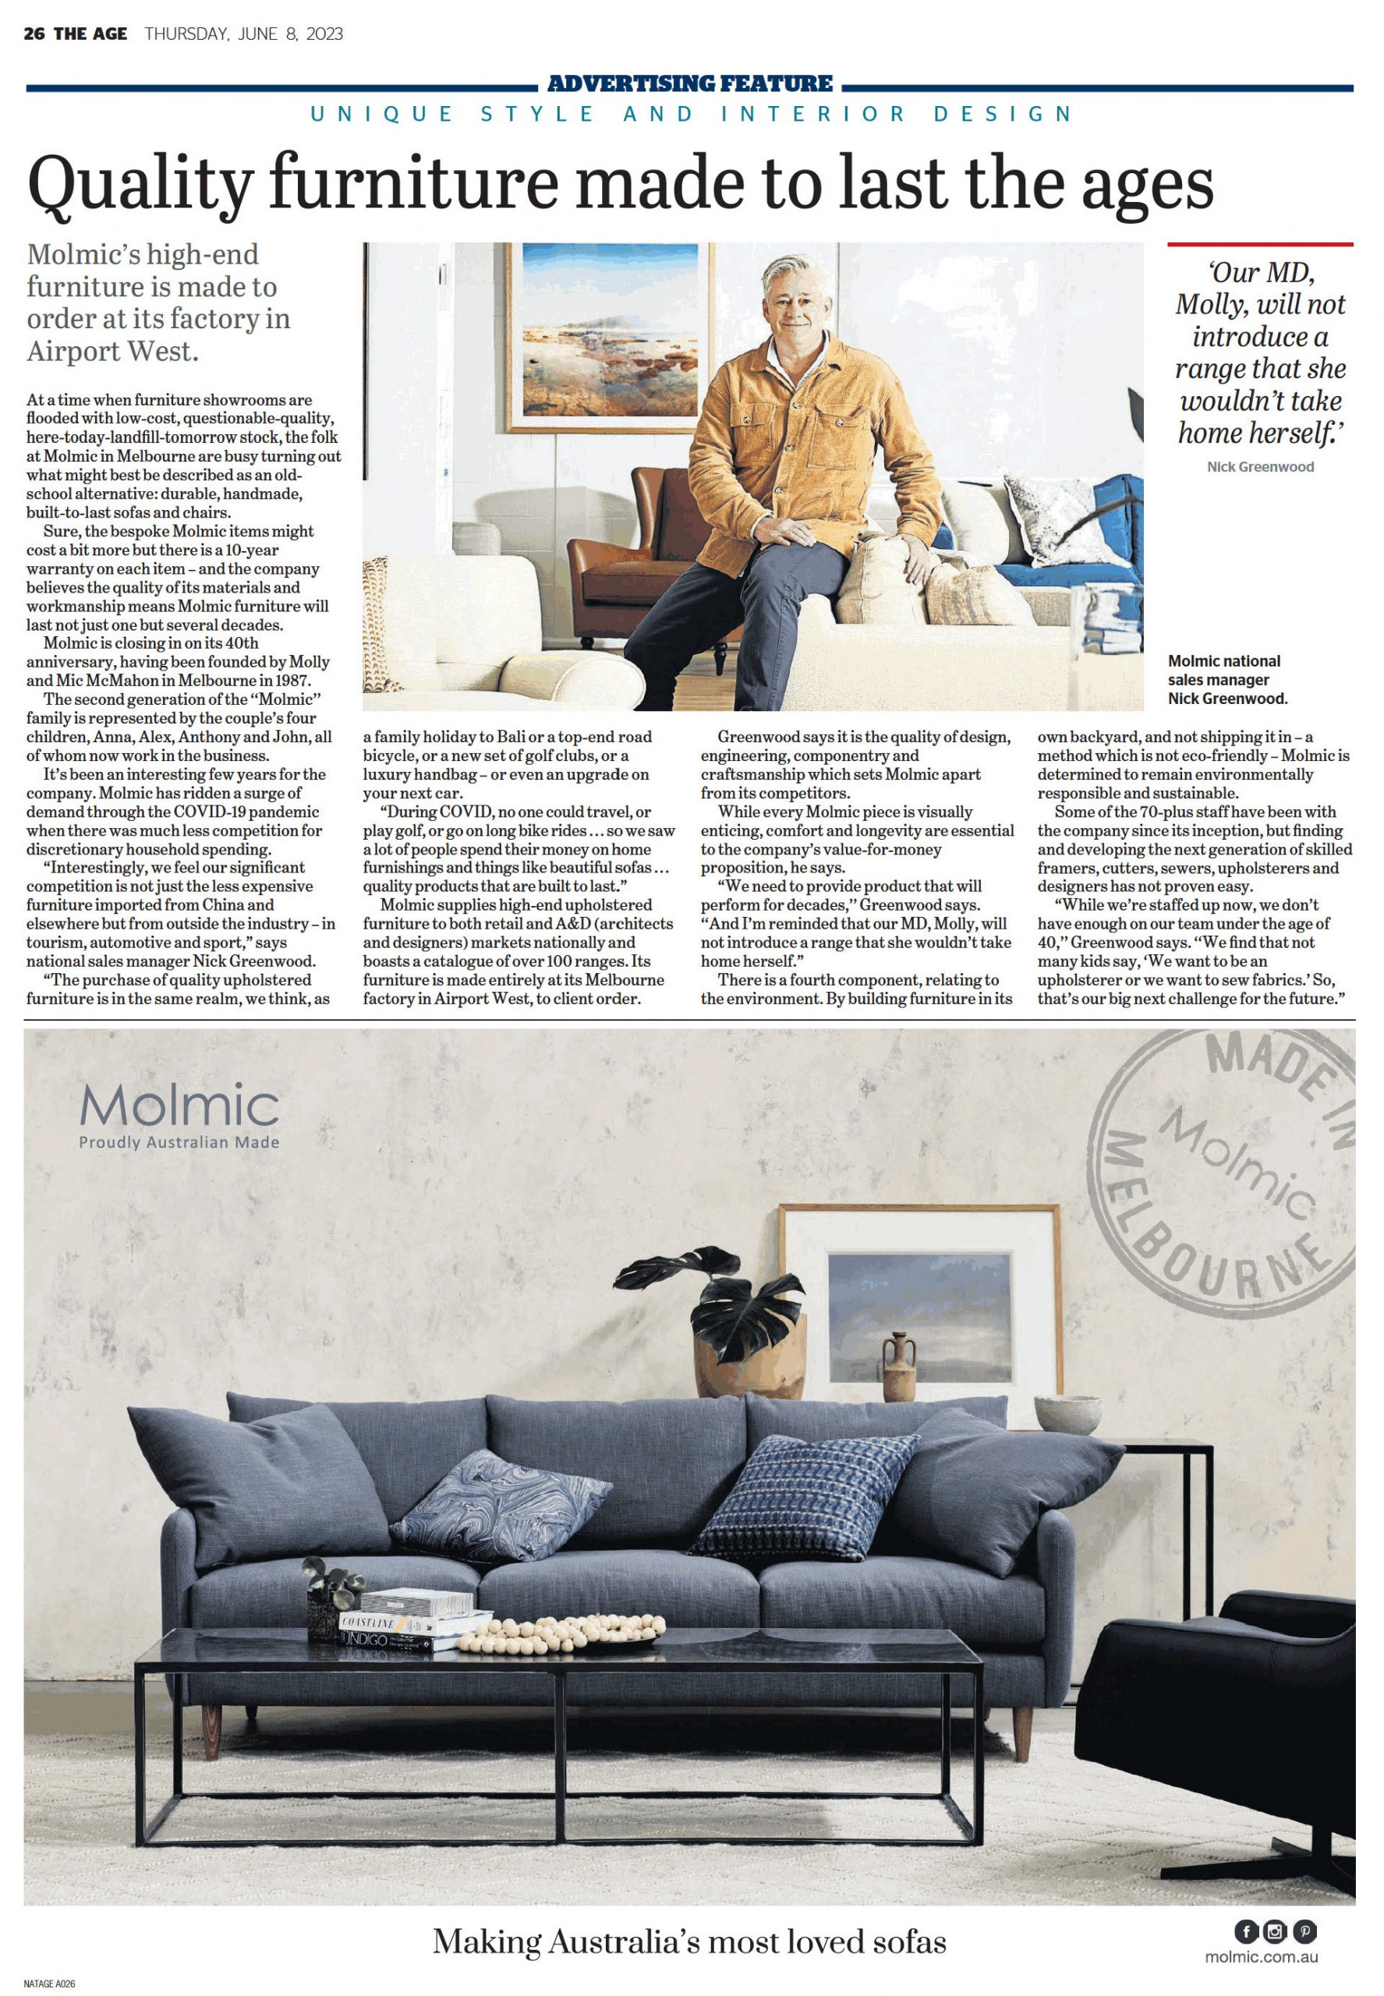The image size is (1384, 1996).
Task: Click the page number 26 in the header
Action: (x=34, y=34)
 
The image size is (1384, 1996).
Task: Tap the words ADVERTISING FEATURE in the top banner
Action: (x=690, y=84)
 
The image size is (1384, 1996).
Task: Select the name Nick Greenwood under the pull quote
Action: (x=1260, y=466)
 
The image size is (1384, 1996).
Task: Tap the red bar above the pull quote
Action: (x=1259, y=245)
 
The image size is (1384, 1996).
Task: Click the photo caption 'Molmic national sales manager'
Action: (x=1223, y=671)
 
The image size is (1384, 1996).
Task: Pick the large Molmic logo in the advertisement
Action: (x=179, y=1106)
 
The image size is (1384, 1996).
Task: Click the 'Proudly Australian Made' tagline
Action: (x=179, y=1143)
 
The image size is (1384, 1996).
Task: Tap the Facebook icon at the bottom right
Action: (x=1246, y=1931)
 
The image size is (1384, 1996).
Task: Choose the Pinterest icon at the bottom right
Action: (x=1304, y=1931)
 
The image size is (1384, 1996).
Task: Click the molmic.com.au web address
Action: (x=1261, y=1957)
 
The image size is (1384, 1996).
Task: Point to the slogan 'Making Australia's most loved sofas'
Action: (x=689, y=1941)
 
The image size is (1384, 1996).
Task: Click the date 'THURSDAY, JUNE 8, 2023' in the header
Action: (x=244, y=34)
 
